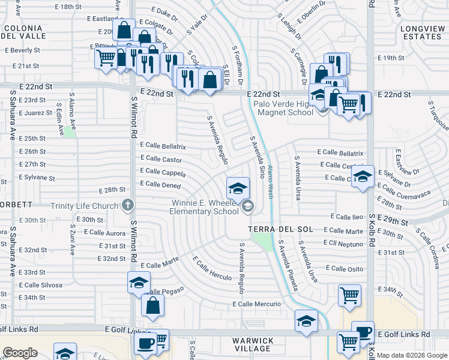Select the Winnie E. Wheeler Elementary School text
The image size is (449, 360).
coord(203,207)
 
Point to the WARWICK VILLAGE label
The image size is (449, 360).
coord(253,344)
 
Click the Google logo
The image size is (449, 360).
coord(20,353)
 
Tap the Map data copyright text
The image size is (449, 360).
coord(412,356)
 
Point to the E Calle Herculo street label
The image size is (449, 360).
coord(212,268)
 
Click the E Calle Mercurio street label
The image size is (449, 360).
coord(256,304)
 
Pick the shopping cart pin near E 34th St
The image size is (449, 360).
coord(349,295)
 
